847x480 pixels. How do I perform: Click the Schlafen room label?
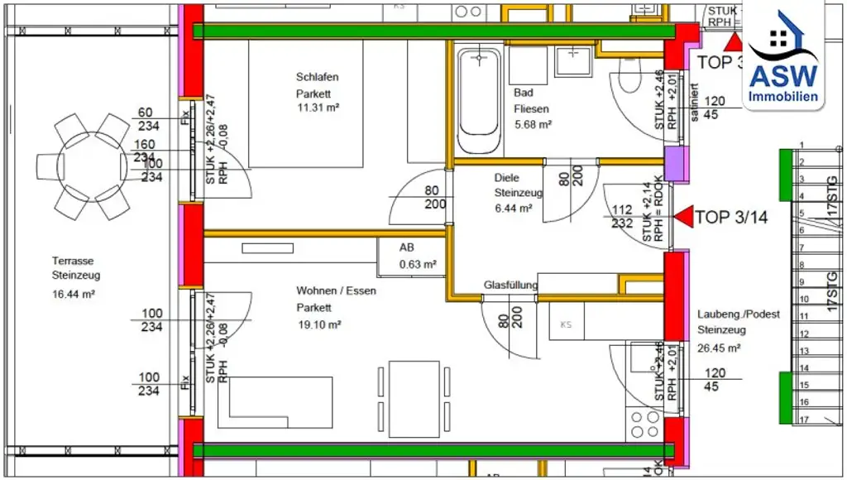(318, 77)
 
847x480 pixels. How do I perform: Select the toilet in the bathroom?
(625, 82)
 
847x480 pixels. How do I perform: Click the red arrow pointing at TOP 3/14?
(683, 218)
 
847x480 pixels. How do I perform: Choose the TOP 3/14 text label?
(731, 218)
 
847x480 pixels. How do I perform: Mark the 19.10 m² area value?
(319, 325)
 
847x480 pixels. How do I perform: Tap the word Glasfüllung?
(510, 286)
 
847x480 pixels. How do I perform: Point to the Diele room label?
(506, 177)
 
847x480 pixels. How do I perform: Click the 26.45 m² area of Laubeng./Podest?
(718, 348)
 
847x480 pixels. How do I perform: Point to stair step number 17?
(802, 420)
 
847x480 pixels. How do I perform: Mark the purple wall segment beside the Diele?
(677, 164)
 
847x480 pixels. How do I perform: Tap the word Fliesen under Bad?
(531, 108)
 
